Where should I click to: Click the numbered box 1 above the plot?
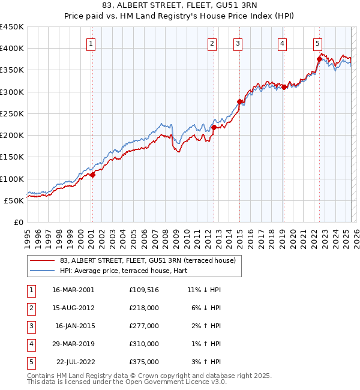[x=91, y=43]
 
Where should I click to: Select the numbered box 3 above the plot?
[x=238, y=43]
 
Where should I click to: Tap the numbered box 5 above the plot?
[x=317, y=43]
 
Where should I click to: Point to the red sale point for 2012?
[x=214, y=127]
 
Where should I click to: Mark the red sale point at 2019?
[x=284, y=88]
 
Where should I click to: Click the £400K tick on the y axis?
[x=12, y=49]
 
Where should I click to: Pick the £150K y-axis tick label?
[x=12, y=157]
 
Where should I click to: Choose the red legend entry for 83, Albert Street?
[x=151, y=260]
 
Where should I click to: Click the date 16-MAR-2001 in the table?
[x=74, y=289]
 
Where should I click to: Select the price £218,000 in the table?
[x=144, y=307]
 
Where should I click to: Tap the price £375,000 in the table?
[x=144, y=362]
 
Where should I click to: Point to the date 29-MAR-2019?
[x=74, y=344]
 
